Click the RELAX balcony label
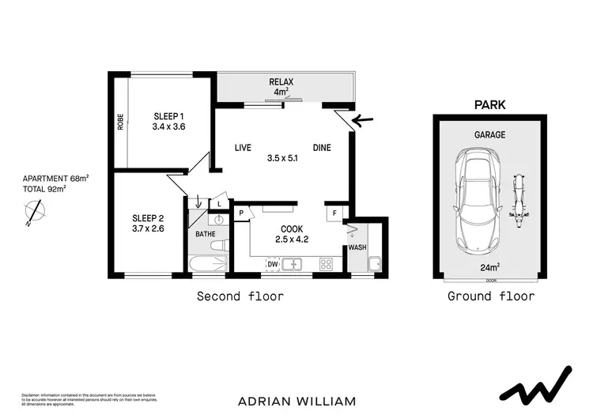pos(281,82)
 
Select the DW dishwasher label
pos(273,263)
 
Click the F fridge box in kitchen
pos(334,212)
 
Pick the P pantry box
pos(241,212)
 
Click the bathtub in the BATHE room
pos(208,263)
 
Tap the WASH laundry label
pos(357,247)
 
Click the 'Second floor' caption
pos(240,296)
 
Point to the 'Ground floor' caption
pos(490,296)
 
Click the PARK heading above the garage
pos(489,104)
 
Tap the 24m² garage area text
pos(489,267)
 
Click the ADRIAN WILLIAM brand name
pos(296,401)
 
